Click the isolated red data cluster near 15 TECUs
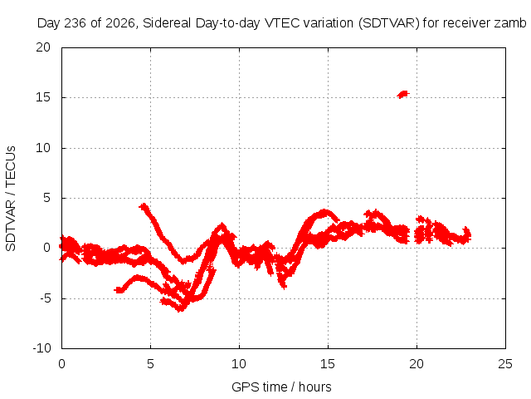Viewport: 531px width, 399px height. [x=403, y=94]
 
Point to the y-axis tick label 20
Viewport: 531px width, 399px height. [x=43, y=47]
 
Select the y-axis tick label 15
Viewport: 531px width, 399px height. [x=43, y=97]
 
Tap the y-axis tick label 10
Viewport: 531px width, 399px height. [x=43, y=148]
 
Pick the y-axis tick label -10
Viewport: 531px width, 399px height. [x=41, y=348]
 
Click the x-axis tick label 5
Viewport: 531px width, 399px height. [x=150, y=364]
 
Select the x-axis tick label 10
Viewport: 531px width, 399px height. [x=239, y=364]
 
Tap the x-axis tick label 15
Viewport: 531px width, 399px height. [x=328, y=364]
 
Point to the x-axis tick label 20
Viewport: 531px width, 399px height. [x=417, y=364]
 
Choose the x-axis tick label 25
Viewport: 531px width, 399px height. [x=505, y=364]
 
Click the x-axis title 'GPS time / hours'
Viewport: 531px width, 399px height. [x=281, y=387]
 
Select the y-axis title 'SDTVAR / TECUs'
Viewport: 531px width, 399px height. [x=11, y=199]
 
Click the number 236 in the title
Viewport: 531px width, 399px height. [x=76, y=23]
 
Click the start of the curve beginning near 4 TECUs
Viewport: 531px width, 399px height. [x=144, y=206]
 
